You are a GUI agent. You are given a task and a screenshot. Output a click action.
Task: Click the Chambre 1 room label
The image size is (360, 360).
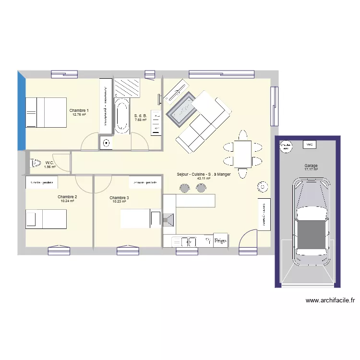79,110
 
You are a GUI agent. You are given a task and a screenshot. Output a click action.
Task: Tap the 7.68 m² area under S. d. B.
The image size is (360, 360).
141,120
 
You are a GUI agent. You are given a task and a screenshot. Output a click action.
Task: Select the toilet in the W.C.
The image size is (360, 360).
36,164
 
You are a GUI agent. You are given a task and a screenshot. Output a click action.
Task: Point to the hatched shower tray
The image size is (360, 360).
128,87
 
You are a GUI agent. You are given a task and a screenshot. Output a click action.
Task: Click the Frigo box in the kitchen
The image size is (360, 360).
220,240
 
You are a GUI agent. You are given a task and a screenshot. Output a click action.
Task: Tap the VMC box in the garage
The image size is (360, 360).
309,144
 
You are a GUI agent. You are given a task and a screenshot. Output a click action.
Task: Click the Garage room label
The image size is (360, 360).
311,166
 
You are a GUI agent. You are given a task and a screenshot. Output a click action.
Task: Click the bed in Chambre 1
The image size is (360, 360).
46,112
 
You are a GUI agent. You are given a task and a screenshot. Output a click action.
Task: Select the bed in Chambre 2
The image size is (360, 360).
46,219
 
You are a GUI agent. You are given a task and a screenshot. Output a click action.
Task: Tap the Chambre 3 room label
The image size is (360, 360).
119,198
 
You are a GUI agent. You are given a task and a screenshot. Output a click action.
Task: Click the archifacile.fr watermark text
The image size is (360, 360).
330,300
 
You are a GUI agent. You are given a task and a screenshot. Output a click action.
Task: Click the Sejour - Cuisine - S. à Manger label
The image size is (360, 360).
204,175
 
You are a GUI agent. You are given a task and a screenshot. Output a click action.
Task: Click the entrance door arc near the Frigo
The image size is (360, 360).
249,238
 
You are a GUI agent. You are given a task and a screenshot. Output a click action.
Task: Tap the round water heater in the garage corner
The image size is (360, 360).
286,145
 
